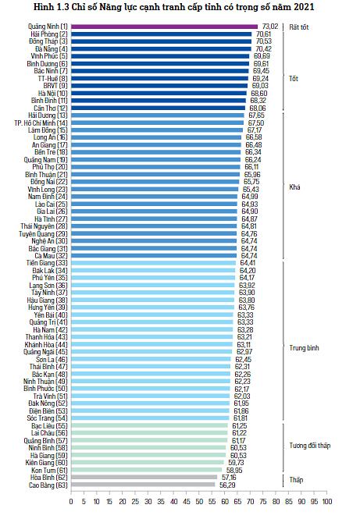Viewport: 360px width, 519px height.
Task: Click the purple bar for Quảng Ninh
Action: pyautogui.click(x=164, y=27)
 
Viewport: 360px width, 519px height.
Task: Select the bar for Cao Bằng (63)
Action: pyautogui.click(x=143, y=485)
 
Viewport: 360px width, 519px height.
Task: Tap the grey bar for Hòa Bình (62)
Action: pyautogui.click(x=144, y=477)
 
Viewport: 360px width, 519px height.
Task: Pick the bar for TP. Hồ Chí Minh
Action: pyautogui.click(x=157, y=123)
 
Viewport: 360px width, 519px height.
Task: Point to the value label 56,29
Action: pyautogui.click(x=227, y=485)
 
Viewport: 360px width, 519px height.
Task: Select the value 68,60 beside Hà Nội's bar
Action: pyautogui.click(x=259, y=94)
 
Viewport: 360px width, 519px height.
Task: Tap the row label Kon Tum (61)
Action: pyautogui.click(x=49, y=470)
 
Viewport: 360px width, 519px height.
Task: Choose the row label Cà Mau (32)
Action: pyautogui.click(x=51, y=255)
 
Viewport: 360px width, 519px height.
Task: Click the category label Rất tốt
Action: pyautogui.click(x=299, y=27)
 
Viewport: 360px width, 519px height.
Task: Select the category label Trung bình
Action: pyautogui.click(x=304, y=348)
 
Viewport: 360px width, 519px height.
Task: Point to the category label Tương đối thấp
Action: pyautogui.click(x=310, y=446)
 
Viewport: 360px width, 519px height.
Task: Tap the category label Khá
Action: pyautogui.click(x=294, y=187)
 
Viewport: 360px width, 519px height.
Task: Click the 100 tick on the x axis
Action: pyautogui.click(x=327, y=502)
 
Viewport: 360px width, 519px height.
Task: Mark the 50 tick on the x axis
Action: pyautogui.click(x=199, y=502)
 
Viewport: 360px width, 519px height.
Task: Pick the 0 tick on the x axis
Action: pyautogui.click(x=71, y=502)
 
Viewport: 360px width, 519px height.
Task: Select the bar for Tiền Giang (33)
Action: pyautogui.click(x=154, y=263)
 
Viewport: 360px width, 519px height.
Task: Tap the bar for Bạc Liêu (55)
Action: pyautogui.click(x=150, y=425)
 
